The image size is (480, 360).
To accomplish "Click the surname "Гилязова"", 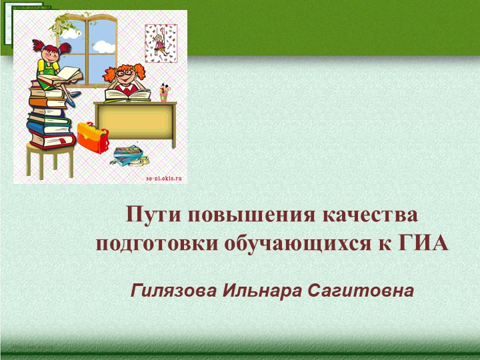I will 173,291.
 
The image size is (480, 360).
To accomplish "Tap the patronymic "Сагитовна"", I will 356,291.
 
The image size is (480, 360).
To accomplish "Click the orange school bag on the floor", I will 91,137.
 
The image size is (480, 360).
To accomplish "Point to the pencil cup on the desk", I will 164,93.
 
